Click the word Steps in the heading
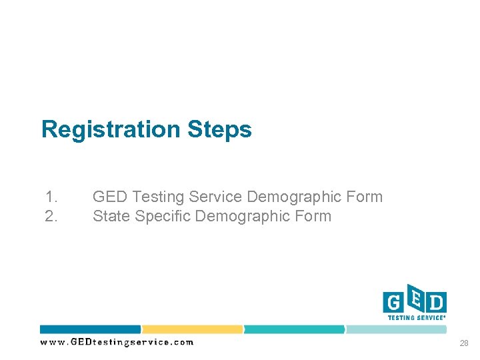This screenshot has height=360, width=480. pos(219,129)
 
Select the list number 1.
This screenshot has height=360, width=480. pos(51,197)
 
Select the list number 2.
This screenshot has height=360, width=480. pos(51,216)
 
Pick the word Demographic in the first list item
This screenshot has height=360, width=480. pos(295,197)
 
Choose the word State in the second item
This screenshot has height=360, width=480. pos(111,216)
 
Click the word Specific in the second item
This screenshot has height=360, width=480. pos(163,216)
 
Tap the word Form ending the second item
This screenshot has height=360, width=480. pos(312,216)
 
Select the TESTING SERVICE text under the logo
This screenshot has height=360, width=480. pos(416,318)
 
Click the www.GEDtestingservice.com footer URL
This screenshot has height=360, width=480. pos(117,342)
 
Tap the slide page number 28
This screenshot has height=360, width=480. pos(463,343)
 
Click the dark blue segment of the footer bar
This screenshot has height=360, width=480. pos(90,329)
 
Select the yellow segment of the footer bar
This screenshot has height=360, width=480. pos(192,329)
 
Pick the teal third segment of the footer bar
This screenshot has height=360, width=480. pos(294,329)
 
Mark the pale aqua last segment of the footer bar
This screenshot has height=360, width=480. pos(397,329)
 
